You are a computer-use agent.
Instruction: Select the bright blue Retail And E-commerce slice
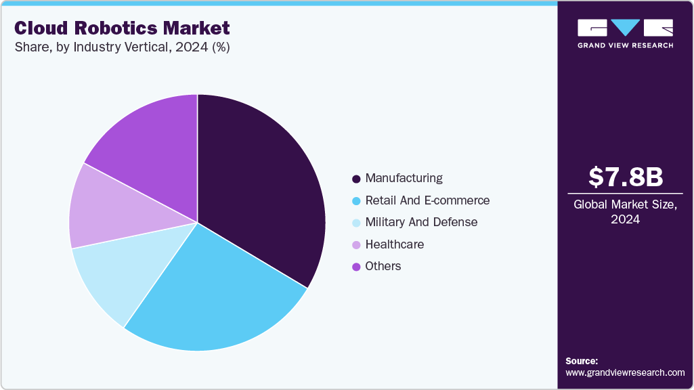(x=210, y=298)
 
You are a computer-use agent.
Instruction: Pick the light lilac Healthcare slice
(x=102, y=207)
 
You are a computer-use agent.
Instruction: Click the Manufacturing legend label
(x=404, y=178)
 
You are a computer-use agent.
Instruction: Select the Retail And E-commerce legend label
(x=427, y=200)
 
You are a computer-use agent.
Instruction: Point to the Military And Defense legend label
(x=421, y=222)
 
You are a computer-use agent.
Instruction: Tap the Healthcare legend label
(x=395, y=244)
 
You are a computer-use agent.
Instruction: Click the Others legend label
(x=383, y=266)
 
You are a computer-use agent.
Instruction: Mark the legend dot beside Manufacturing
(x=356, y=179)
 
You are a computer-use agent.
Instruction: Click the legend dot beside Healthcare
(x=356, y=245)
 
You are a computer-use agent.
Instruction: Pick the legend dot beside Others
(x=356, y=267)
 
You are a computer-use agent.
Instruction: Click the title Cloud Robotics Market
(x=122, y=28)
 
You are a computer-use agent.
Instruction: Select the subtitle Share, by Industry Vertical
(x=122, y=48)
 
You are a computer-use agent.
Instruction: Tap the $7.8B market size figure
(x=626, y=177)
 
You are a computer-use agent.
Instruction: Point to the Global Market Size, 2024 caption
(x=626, y=212)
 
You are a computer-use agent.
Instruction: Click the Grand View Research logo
(x=626, y=33)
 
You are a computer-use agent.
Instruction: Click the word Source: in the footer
(x=582, y=361)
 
